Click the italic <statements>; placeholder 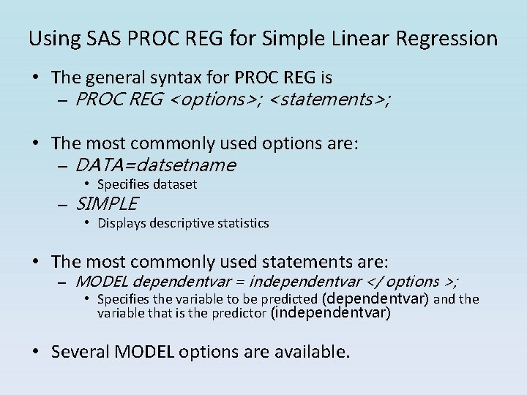[330, 99]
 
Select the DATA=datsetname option [155, 165]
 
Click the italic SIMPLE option [106, 203]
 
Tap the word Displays [122, 223]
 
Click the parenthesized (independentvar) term [331, 313]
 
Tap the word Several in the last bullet [81, 352]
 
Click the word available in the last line [310, 352]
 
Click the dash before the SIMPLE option [62, 204]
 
